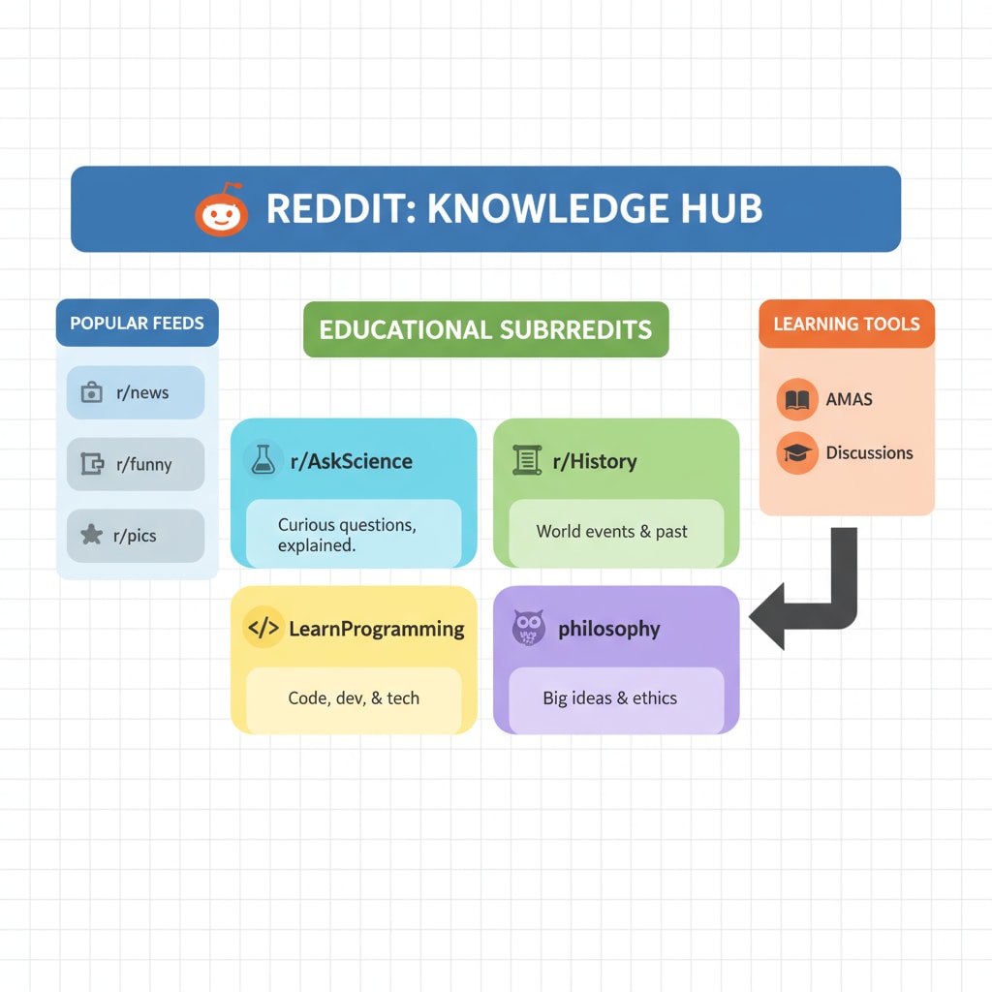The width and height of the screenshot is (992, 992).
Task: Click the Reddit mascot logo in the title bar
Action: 222,210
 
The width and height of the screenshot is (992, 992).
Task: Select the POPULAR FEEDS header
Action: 138,323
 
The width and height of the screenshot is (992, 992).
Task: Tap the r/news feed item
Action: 136,392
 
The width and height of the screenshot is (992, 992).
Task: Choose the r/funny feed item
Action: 136,464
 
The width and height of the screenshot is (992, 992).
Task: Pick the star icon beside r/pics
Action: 92,535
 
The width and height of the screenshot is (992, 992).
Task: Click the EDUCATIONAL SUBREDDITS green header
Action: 486,329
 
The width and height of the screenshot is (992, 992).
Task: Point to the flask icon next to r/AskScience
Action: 263,459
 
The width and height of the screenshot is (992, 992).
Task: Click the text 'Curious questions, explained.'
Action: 348,535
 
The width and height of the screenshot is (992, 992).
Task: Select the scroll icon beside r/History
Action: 527,460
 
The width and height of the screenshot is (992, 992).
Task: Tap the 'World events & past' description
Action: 612,532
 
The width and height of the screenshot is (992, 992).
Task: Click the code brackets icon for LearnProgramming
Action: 263,628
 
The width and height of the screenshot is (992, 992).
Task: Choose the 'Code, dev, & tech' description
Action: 354,697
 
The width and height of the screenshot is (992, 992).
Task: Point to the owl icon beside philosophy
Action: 528,628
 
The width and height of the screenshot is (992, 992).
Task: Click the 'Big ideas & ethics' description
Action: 610,697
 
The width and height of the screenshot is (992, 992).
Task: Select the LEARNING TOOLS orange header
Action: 847,324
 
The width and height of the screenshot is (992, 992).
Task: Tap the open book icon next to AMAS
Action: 797,400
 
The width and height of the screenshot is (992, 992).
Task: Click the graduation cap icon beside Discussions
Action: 797,453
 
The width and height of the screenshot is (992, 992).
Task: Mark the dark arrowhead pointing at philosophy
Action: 767,616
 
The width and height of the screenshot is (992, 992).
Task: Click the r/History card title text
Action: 595,461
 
